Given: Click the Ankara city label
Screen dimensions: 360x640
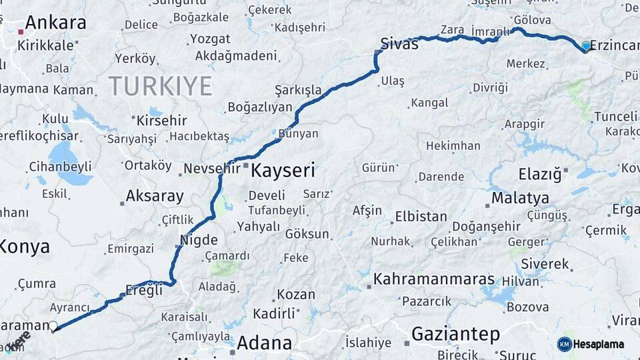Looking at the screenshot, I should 55,23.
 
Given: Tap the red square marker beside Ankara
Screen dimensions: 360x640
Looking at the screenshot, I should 21,31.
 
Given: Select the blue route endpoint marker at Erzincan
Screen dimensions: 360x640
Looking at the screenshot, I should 586,46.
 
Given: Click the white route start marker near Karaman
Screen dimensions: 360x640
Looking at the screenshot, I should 53,326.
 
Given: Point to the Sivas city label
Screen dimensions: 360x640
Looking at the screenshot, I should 399,44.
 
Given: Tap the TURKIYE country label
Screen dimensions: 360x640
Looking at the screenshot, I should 160,85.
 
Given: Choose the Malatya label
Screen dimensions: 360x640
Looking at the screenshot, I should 520,198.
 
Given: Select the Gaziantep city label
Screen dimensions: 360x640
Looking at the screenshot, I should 455,333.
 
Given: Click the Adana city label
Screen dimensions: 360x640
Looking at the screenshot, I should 264,343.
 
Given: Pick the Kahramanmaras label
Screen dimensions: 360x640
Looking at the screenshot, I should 434,279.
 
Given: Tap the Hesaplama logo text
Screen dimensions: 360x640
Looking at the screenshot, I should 598,345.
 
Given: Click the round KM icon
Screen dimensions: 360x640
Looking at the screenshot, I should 565,344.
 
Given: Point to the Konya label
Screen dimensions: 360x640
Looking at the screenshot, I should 24,247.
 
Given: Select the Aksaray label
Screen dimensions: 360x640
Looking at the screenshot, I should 154,196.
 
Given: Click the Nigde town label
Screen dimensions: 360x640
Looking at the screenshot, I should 199,239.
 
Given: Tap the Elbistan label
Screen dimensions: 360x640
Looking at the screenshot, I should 421,217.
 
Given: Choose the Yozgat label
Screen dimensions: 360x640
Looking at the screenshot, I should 210,39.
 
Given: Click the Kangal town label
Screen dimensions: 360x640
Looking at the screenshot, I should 429,103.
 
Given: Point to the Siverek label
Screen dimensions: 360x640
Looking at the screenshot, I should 545,263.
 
